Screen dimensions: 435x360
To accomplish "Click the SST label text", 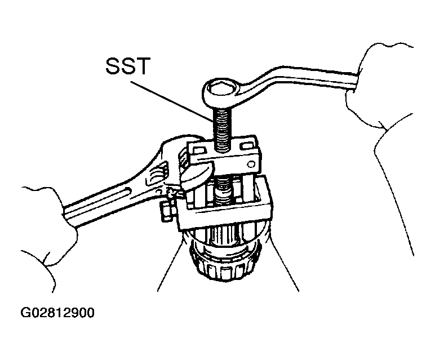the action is coord(128,66).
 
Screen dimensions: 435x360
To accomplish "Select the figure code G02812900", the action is coord(57,313).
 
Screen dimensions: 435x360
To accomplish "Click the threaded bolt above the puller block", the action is coord(222,130).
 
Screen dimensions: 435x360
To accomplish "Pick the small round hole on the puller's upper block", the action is coord(251,165).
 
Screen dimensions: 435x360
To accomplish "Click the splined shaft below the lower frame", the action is coord(225,235).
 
